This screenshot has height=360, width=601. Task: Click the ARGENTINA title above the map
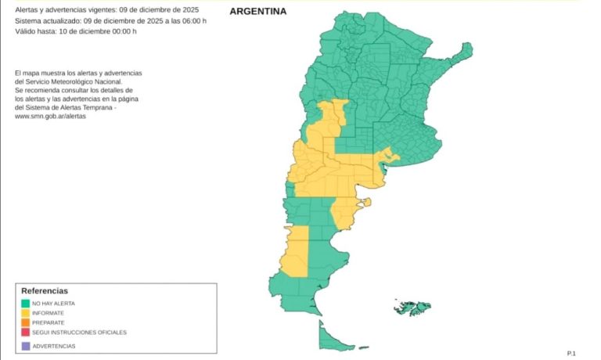click(x=257, y=12)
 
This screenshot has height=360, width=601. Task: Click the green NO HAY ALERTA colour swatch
click(x=26, y=303)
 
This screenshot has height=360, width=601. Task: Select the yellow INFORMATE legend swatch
click(x=26, y=313)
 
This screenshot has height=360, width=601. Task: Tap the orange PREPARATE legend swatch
click(x=26, y=322)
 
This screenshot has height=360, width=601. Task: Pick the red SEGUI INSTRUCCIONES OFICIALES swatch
click(x=26, y=332)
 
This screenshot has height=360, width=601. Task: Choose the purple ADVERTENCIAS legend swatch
click(x=26, y=345)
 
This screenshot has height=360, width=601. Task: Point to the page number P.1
click(x=571, y=354)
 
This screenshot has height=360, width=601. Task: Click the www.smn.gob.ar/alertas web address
click(x=51, y=117)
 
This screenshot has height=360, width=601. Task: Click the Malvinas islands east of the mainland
click(x=412, y=306)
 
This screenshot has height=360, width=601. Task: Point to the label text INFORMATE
click(x=49, y=313)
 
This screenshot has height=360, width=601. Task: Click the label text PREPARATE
click(x=49, y=322)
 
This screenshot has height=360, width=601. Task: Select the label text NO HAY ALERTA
click(x=54, y=303)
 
